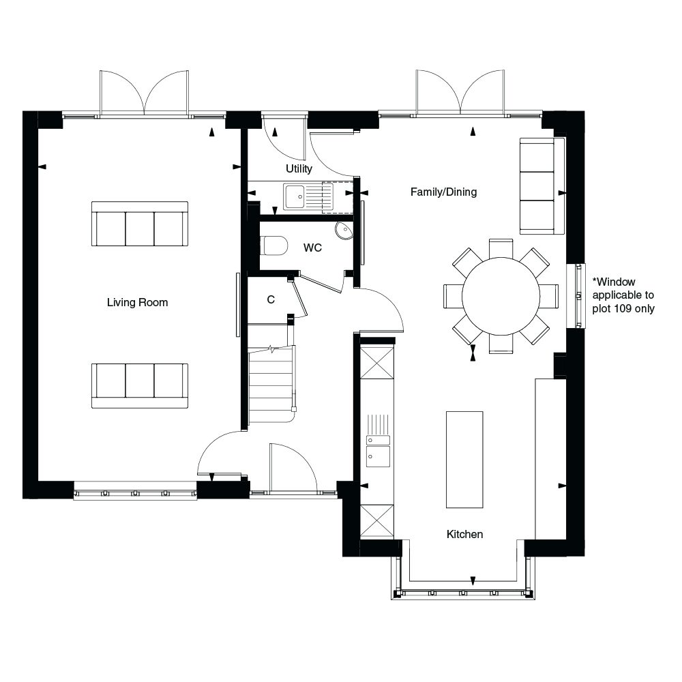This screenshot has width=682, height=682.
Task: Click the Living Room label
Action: pos(137,302)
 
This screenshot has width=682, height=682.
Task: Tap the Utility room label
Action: pos(299,168)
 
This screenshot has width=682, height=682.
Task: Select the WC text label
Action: pos(312,248)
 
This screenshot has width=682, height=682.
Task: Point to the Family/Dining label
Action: pos(443,192)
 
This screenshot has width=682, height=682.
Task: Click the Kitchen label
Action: pos(464,534)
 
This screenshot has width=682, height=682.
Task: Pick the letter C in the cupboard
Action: pos(271,299)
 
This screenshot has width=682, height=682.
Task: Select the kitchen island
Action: pos(464,459)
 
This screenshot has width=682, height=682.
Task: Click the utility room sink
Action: pos(296,197)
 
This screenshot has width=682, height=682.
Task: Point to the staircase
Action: pos(272,385)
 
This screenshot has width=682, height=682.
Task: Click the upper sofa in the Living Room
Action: pos(140,224)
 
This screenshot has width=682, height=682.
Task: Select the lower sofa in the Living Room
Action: pos(140,385)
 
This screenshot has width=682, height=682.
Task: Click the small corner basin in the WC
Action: pos(345,230)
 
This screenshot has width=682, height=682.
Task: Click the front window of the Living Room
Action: pos(135,491)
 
